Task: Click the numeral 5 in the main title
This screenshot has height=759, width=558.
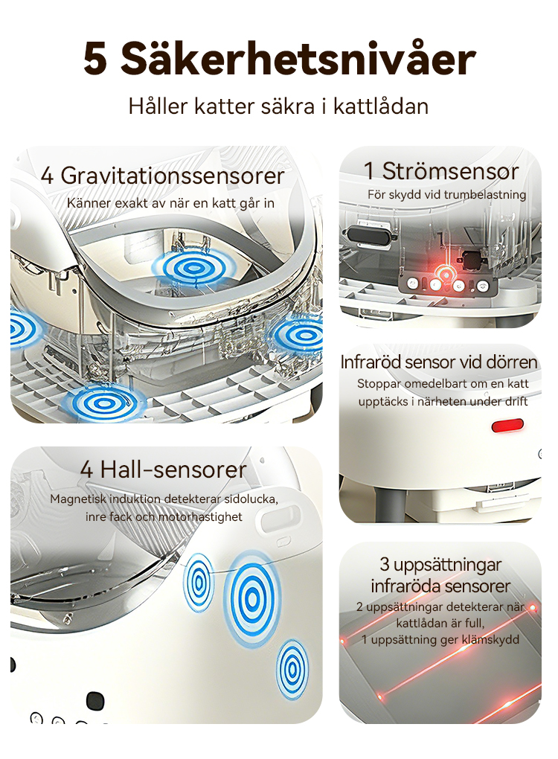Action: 95,59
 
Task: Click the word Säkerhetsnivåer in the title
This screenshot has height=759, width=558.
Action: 298,58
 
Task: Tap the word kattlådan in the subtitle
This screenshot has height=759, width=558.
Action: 381,106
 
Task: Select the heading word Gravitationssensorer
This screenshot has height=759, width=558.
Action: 173,175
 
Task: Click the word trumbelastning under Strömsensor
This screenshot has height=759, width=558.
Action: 485,195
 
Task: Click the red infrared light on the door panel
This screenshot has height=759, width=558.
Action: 507,426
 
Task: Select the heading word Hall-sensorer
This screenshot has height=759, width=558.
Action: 173,470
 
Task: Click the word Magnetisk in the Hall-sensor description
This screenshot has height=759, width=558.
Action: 77,499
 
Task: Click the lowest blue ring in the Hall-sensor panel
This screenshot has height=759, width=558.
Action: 292,670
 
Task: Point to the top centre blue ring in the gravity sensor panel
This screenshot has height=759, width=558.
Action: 193,268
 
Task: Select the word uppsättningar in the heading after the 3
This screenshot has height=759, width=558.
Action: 447,565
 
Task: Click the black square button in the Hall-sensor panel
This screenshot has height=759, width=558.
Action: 95,701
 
